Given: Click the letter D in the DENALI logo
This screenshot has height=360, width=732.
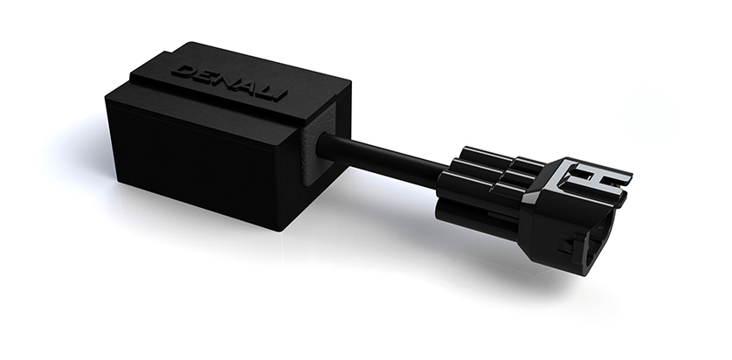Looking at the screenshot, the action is pos(183,72).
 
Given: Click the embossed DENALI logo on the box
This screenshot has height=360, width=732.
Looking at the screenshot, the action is pos(229,83).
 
